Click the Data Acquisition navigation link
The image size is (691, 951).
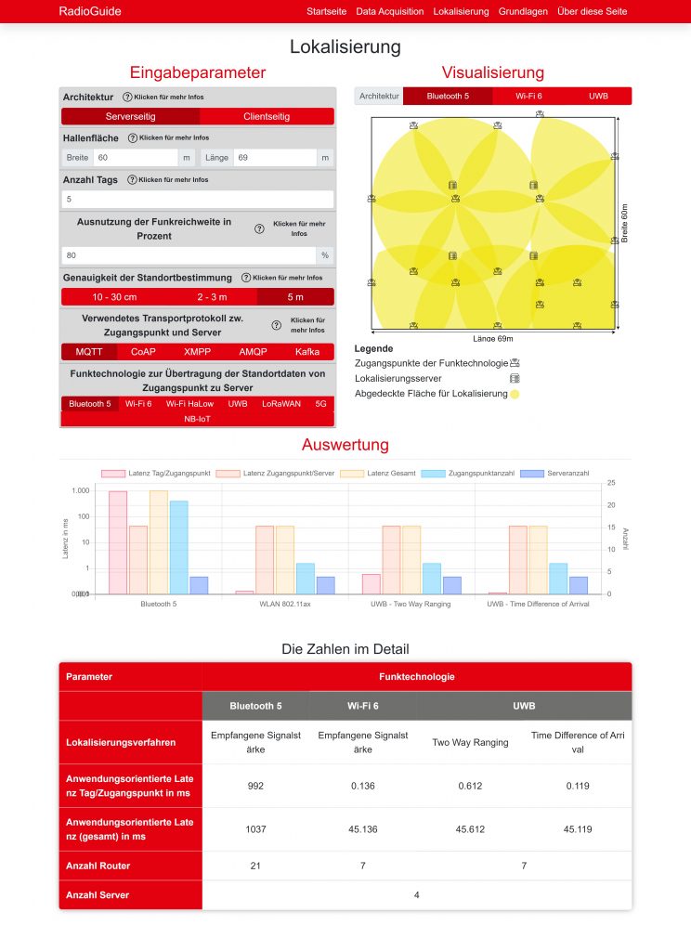pyautogui.click(x=389, y=11)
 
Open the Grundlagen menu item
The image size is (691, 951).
pyautogui.click(x=523, y=11)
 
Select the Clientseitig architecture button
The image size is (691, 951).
pyautogui.click(x=267, y=117)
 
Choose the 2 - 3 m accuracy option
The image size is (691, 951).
pyautogui.click(x=211, y=297)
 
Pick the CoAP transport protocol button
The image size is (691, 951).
pyautogui.click(x=143, y=352)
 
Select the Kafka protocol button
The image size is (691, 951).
pyautogui.click(x=307, y=352)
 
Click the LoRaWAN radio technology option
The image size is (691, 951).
pyautogui.click(x=280, y=404)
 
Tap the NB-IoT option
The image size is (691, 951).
pyautogui.click(x=197, y=419)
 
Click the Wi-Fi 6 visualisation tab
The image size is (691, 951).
pyautogui.click(x=529, y=96)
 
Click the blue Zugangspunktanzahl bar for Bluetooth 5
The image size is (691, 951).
pyautogui.click(x=178, y=547)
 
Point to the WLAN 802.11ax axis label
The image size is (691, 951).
pyautogui.click(x=284, y=604)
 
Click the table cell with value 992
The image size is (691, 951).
pyautogui.click(x=255, y=786)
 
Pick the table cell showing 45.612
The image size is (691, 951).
pyautogui.click(x=470, y=829)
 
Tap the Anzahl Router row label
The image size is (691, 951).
pyautogui.click(x=98, y=866)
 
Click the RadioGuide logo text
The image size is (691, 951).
pyautogui.click(x=89, y=11)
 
